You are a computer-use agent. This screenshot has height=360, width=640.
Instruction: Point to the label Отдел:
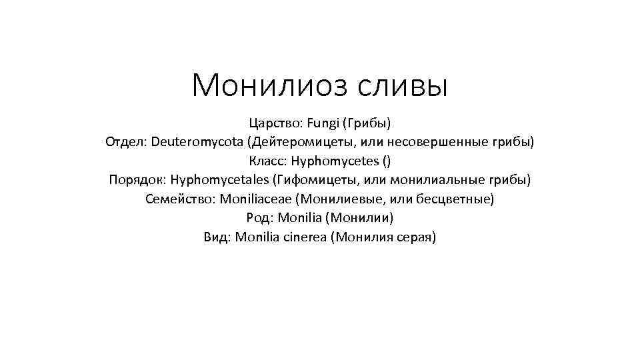pos(126,142)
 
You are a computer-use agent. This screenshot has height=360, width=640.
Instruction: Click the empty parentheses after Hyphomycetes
pos(387,161)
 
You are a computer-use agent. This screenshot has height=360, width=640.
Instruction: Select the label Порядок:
pos(137,179)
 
